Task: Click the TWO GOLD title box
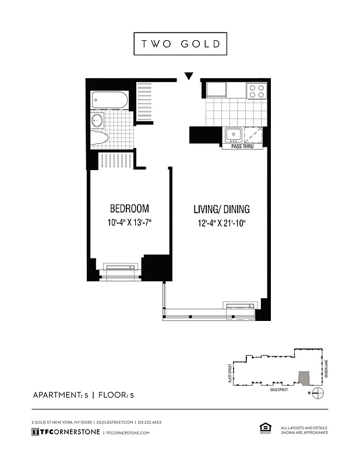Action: pos(179,44)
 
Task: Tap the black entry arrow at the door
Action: pos(188,76)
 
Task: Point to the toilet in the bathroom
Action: pos(100,137)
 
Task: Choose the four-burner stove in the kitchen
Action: pos(257,90)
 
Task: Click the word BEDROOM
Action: pos(129,208)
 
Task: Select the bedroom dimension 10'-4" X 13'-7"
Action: pos(129,222)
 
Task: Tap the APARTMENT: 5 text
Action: pos(61,396)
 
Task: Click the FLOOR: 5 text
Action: pos(116,396)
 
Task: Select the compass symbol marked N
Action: pos(317,392)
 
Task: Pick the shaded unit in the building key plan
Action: pos(303,377)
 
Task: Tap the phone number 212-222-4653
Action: pos(149,422)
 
